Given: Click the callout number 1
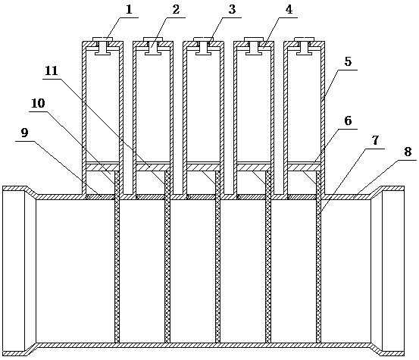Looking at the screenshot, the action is click(129, 10).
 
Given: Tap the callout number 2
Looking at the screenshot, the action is click(176, 10).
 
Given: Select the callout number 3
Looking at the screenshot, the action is click(232, 10).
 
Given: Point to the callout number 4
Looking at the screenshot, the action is click(289, 10).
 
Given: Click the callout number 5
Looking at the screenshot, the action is click(348, 61).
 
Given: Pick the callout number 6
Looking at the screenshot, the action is click(348, 121).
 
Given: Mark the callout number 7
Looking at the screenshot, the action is click(376, 140).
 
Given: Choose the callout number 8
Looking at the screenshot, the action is click(407, 152).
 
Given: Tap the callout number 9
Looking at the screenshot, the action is click(24, 133).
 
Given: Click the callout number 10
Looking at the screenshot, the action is click(38, 103).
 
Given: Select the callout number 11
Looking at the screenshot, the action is click(52, 71).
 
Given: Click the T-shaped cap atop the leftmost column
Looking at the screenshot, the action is click(102, 46).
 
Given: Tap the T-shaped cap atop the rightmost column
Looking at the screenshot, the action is click(304, 46).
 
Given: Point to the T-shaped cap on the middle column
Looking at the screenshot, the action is click(203, 46).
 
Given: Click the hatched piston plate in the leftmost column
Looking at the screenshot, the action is click(102, 167).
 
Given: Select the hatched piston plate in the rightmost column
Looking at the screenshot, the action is click(304, 167).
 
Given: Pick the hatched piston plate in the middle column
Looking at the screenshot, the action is click(203, 167).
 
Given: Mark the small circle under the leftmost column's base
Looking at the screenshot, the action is click(87, 197).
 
